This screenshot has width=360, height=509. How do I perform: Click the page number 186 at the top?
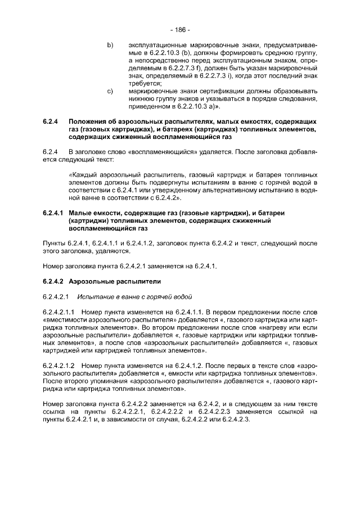(180, 29)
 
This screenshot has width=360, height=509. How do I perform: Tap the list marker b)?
(110, 44)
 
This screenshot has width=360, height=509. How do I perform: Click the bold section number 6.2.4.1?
(53, 214)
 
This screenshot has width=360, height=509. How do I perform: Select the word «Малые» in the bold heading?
(80, 214)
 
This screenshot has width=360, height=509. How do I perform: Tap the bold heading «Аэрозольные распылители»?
(107, 280)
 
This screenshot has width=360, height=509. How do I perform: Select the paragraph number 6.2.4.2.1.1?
(59, 311)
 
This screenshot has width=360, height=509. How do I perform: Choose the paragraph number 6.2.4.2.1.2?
(59, 365)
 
